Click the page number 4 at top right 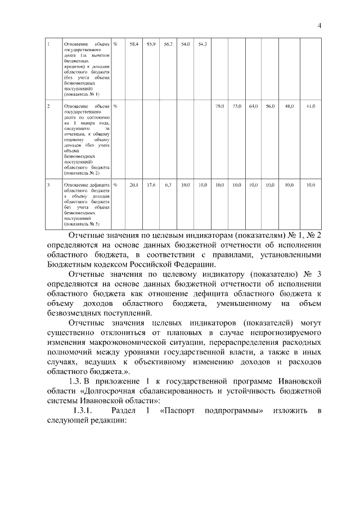tap(319, 25)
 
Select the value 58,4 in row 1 tap(134, 44)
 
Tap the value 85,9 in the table tap(151, 44)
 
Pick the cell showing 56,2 tap(168, 44)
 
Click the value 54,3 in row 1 tap(202, 44)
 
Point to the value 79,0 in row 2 tap(220, 106)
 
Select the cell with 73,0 tap(237, 106)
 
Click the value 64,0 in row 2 tap(254, 106)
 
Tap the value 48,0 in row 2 tap(289, 106)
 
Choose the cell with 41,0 tap(310, 106)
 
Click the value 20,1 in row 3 tap(134, 184)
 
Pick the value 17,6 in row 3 tap(151, 184)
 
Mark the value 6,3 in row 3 tap(168, 184)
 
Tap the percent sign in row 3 tap(116, 184)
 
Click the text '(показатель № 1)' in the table tap(82, 94)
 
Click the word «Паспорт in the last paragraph tap(179, 411)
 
